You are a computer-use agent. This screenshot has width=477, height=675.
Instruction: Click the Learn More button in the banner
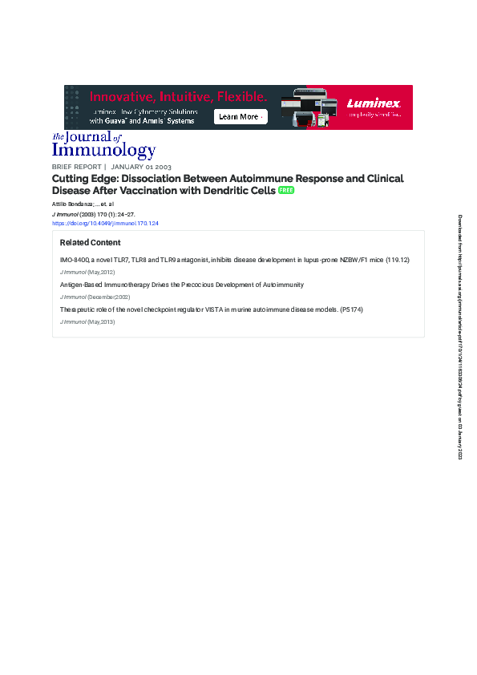point(241,117)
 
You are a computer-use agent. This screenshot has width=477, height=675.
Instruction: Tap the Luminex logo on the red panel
point(374,103)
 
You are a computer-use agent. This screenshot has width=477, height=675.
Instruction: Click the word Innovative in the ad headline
point(117,96)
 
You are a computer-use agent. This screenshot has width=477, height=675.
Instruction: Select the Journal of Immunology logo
point(103,146)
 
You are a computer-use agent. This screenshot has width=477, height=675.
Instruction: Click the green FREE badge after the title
point(286,191)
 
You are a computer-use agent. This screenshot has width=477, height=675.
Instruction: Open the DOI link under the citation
point(105,224)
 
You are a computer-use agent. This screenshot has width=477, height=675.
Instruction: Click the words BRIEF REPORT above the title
point(77,167)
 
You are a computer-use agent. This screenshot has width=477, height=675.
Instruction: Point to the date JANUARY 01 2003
point(140,167)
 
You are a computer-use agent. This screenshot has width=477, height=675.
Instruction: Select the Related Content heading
point(91,243)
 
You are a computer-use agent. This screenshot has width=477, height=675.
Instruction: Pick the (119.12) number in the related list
point(398,261)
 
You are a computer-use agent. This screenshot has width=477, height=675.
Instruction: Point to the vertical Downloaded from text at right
point(460,337)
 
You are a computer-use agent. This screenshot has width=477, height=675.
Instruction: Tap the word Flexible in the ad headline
point(240,96)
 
